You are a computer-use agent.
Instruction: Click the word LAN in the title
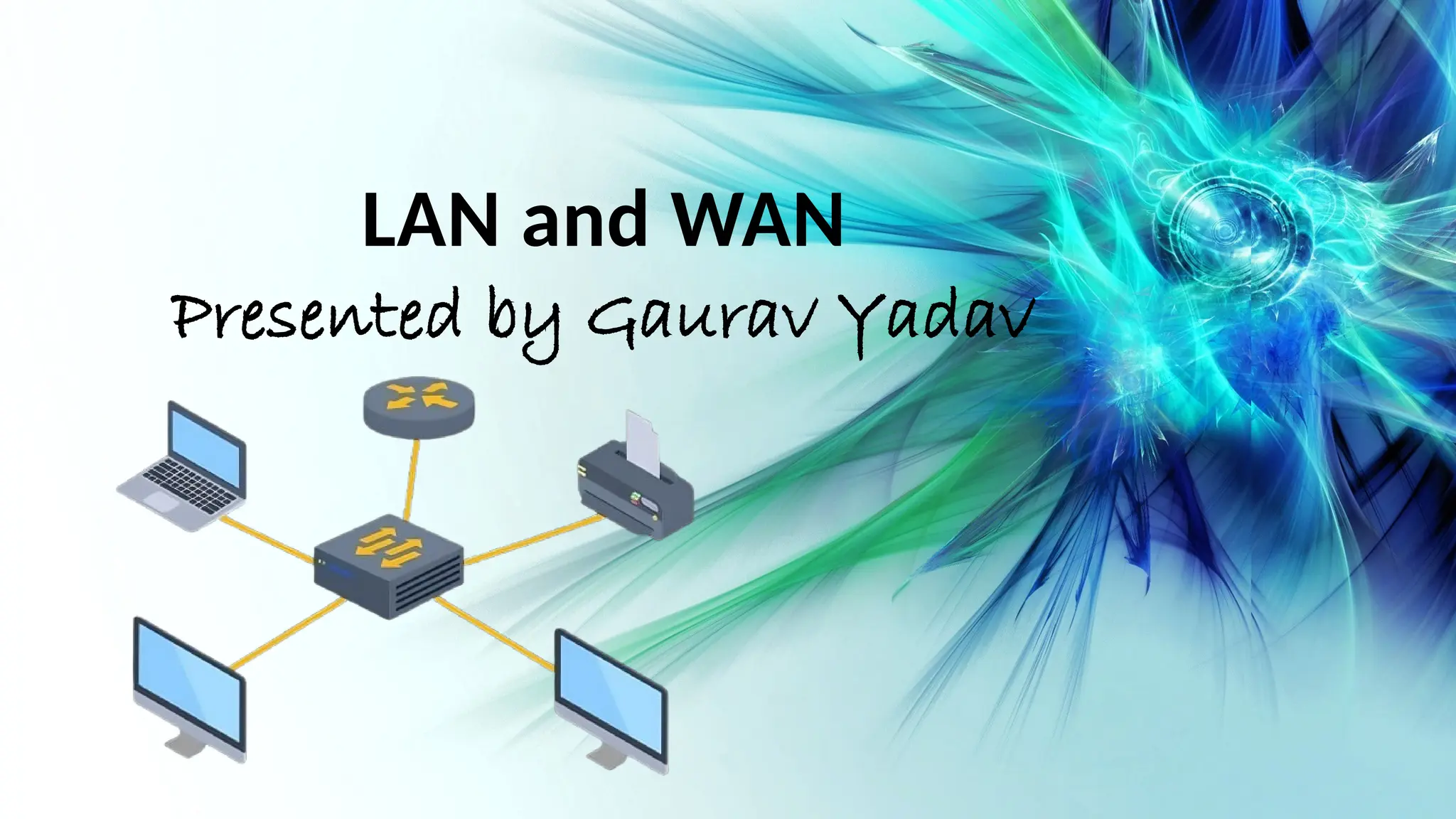(x=429, y=220)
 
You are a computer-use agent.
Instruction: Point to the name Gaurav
(x=700, y=320)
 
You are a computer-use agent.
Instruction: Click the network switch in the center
(x=389, y=566)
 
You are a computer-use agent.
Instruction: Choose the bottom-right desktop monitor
(x=611, y=700)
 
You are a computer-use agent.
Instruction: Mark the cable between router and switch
(x=412, y=480)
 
